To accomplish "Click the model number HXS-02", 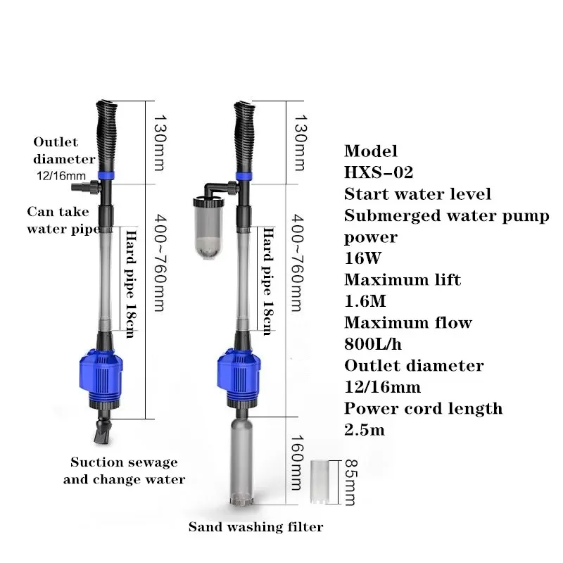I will point(379,172).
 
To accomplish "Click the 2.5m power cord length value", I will point(365,430).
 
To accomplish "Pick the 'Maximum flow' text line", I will point(407,323).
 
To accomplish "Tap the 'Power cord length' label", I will point(423,408).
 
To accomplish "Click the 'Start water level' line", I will point(417,194).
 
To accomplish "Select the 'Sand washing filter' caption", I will point(255,526).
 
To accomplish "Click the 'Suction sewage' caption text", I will point(124,462).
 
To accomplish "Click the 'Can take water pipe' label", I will point(61,220).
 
